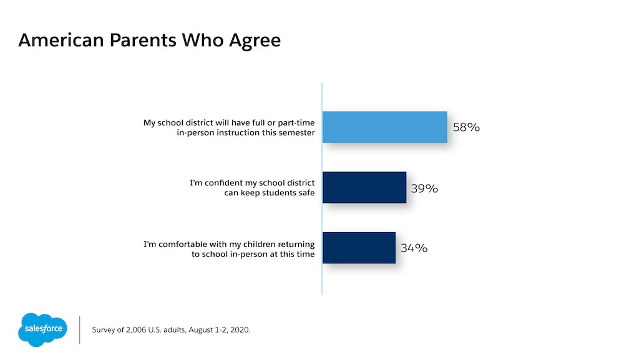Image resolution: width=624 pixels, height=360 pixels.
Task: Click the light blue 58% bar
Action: pos(384,127)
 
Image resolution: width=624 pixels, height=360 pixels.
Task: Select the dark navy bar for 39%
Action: pos(364,188)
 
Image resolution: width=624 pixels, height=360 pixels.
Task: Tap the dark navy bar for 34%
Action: pos(359,248)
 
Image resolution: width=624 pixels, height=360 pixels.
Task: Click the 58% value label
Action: pos(466,127)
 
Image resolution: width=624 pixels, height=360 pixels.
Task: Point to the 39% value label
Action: pos(424,188)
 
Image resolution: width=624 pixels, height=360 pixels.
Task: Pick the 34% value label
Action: pos(413,248)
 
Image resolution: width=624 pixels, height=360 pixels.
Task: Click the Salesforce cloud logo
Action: pos(42,329)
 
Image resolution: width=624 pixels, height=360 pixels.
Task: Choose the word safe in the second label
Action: pos(305,193)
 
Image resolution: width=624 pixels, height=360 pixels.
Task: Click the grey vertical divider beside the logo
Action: pos(80,329)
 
